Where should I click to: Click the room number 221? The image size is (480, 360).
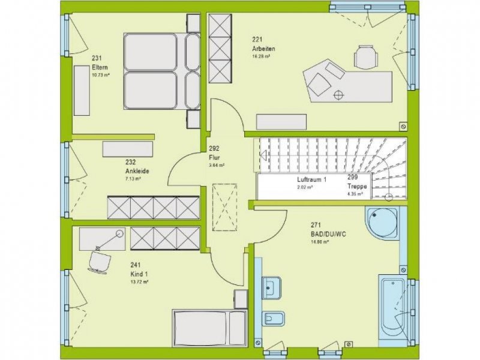click(x=257, y=40)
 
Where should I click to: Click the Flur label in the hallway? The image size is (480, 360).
click(x=213, y=157)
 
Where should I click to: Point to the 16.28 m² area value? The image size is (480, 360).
click(x=260, y=56)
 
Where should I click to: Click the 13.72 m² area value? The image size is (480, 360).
click(x=139, y=281)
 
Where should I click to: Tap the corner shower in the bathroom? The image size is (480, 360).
click(x=382, y=223)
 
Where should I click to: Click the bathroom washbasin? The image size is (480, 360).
click(x=272, y=287)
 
